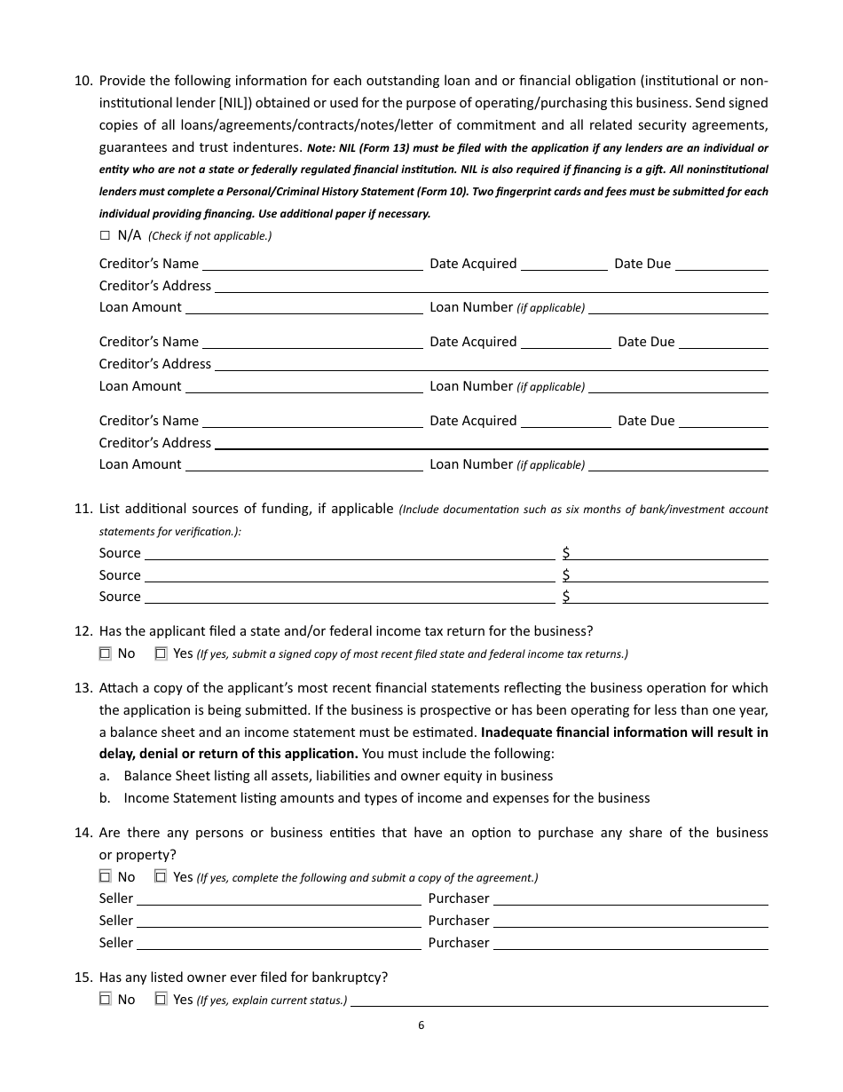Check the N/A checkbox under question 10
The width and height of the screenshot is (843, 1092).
click(x=105, y=235)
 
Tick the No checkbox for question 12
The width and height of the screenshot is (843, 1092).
click(x=105, y=653)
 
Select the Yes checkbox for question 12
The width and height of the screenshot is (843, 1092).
click(x=161, y=653)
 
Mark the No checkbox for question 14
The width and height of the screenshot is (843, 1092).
click(x=105, y=877)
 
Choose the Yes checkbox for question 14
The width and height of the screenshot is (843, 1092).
click(x=161, y=877)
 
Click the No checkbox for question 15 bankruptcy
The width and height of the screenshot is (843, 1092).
click(x=105, y=1000)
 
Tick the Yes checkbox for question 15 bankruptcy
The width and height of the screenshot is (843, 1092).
click(x=161, y=1000)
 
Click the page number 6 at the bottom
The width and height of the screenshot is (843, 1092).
click(x=421, y=1025)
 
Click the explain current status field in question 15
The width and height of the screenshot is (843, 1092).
click(x=559, y=1000)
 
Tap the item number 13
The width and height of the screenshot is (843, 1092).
click(x=83, y=688)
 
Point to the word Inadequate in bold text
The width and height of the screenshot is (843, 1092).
click(x=516, y=732)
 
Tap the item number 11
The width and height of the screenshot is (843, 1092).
click(x=83, y=509)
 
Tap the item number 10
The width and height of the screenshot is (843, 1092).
click(x=83, y=81)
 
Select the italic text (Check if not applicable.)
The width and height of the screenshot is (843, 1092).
click(x=209, y=236)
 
